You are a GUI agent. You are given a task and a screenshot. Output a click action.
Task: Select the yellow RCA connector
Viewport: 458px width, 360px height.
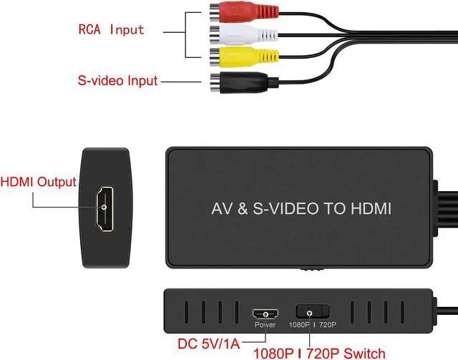228,57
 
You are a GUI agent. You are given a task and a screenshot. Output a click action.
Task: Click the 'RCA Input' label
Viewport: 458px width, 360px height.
111,30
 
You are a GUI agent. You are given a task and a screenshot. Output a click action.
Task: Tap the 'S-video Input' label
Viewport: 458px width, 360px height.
117,81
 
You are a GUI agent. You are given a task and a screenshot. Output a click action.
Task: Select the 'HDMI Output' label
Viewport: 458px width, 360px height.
39,182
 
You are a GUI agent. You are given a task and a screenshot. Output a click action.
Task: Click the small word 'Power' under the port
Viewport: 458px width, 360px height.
265,325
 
